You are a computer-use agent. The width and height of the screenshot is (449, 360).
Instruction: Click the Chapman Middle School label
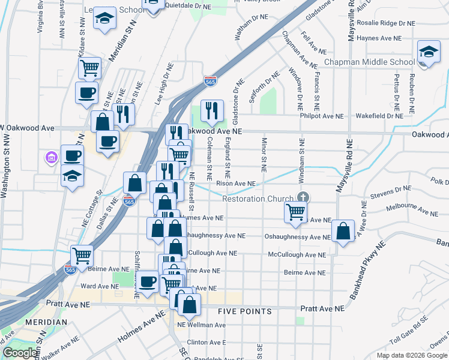369,62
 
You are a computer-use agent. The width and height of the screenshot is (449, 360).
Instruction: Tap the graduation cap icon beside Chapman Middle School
429,52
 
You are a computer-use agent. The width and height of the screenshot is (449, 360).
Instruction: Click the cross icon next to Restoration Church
304,197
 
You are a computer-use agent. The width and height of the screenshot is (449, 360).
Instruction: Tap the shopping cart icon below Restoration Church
295,211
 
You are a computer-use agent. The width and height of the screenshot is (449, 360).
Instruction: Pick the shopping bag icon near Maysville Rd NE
342,231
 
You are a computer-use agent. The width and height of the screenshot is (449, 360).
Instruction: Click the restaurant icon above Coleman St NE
211,110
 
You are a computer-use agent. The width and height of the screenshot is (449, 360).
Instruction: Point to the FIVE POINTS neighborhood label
244,311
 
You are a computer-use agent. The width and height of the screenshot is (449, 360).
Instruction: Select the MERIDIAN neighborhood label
46,322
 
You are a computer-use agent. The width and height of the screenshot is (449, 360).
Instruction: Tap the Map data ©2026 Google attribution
411,355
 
